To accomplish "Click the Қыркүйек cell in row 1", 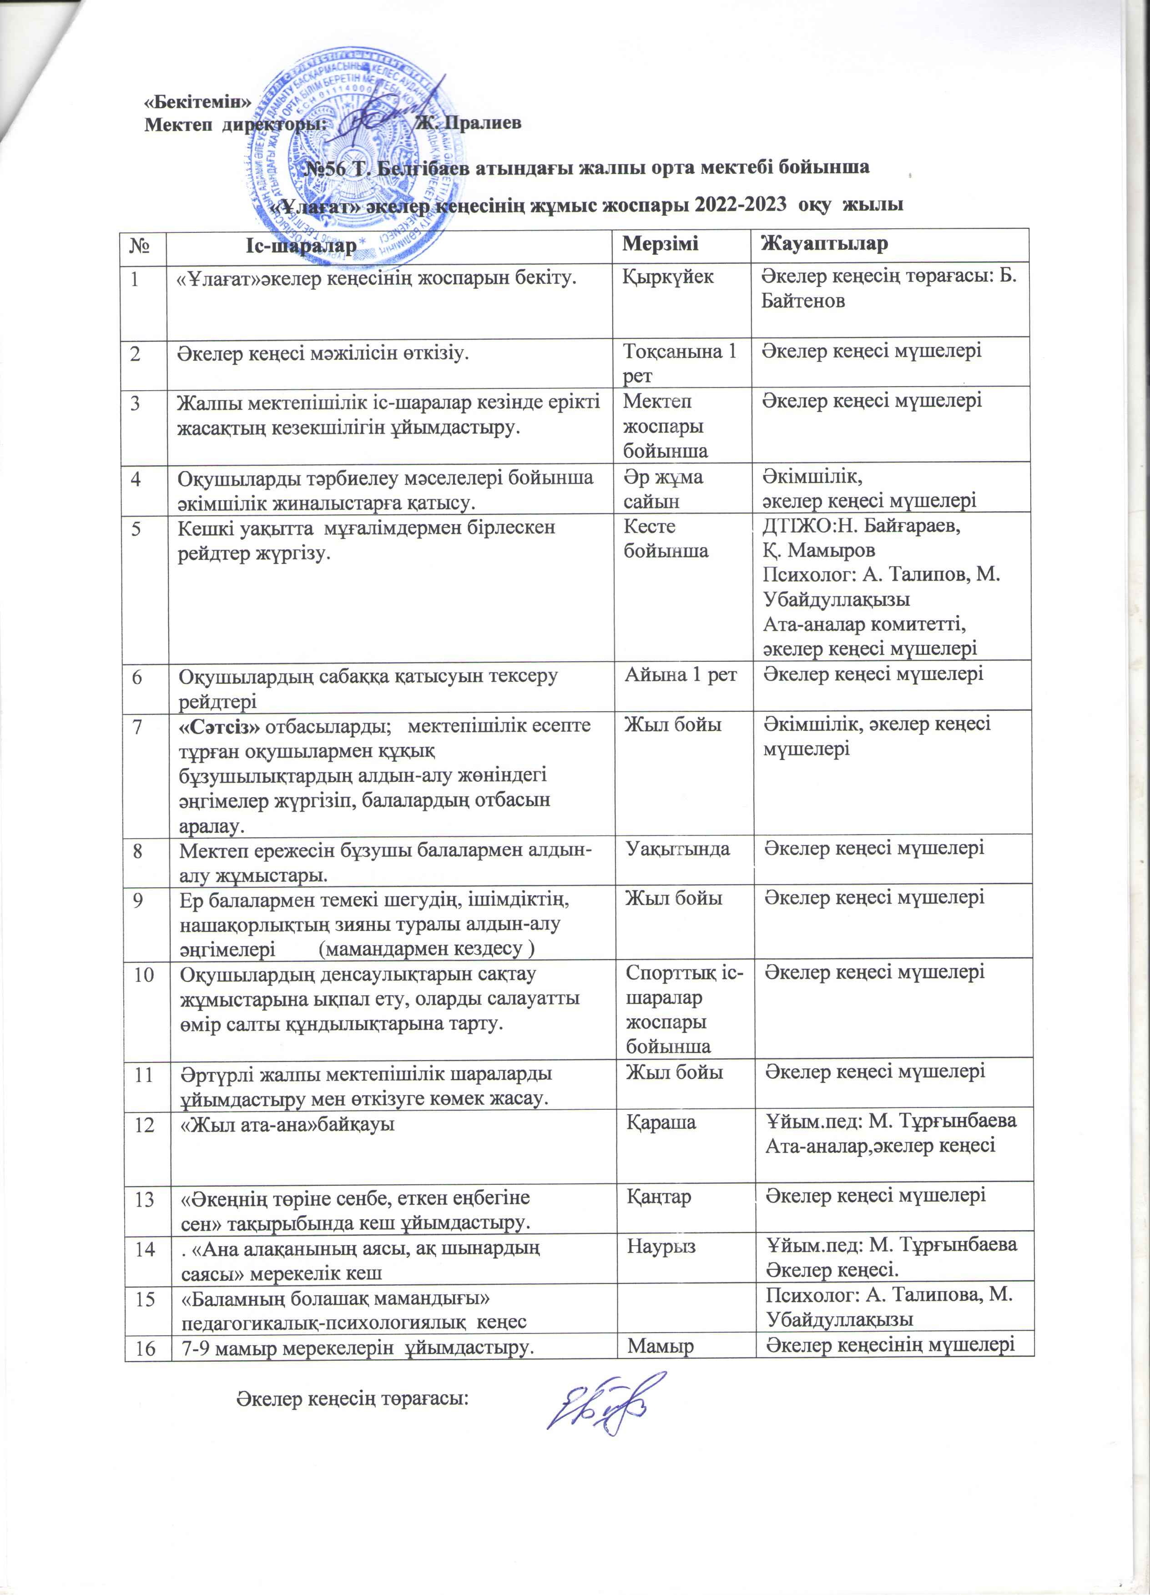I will pos(668,277).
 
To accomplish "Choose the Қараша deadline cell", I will pos(661,1122).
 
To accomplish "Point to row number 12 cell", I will pos(146,1123).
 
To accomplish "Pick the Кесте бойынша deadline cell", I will pos(666,538).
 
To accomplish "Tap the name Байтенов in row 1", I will pos(804,302).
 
